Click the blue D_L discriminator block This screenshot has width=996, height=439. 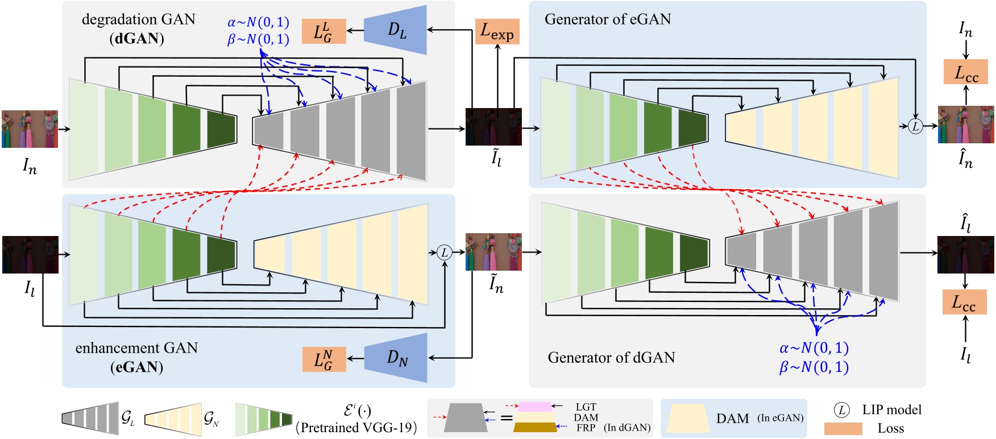(396, 30)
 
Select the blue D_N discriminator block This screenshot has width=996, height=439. (397, 358)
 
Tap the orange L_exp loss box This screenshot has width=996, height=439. (497, 31)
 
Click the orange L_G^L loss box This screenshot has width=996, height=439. (323, 31)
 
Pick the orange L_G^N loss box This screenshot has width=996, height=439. (323, 359)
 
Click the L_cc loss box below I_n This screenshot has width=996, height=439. (966, 72)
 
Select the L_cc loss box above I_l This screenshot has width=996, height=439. (964, 301)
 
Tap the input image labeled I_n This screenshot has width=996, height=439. (30, 129)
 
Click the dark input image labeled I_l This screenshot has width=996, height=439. (30, 254)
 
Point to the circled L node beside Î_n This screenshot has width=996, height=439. (915, 126)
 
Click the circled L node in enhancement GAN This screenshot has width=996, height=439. (445, 252)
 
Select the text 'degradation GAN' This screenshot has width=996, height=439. (138, 19)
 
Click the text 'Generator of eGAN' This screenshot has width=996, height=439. (607, 19)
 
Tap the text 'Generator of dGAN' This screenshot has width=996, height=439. (611, 358)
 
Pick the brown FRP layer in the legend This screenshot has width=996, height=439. (535, 427)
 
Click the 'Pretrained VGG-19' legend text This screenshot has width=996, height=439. (357, 428)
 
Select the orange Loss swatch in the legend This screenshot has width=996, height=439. (843, 428)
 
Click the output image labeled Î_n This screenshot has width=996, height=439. (965, 124)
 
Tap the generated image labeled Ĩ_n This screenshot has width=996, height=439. (493, 251)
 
